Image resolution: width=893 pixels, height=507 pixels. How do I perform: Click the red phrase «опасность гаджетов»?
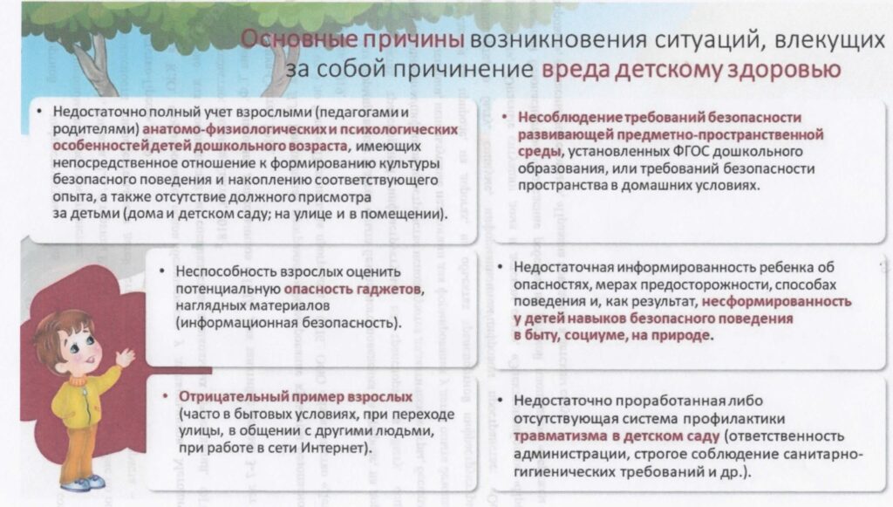(x=352, y=289)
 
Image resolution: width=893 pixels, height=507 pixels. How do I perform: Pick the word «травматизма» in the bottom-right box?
(x=561, y=436)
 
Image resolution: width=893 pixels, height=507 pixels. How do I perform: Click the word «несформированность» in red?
(x=776, y=301)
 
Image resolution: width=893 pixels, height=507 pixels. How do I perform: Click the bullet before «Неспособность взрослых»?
(x=162, y=271)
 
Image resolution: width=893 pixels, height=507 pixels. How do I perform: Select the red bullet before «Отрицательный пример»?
(x=165, y=396)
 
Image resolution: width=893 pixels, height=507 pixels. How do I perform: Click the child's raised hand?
(x=125, y=358)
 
